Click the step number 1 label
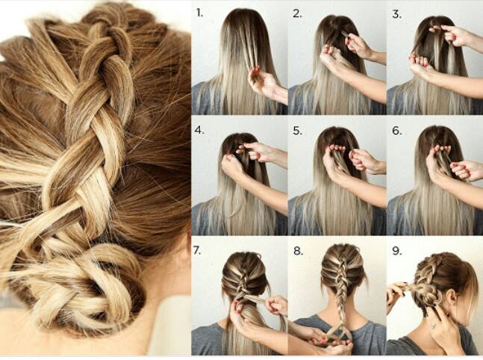click(x=200, y=13)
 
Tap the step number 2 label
click(x=297, y=14)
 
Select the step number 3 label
click(x=396, y=14)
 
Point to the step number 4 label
click(x=199, y=130)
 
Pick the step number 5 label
click(x=298, y=131)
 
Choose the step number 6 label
click(x=397, y=131)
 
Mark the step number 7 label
click(x=197, y=250)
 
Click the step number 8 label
click(x=298, y=251)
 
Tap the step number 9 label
click(x=397, y=251)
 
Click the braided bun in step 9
click(x=426, y=294)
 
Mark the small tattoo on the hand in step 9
click(x=434, y=325)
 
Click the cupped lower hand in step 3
click(x=421, y=65)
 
